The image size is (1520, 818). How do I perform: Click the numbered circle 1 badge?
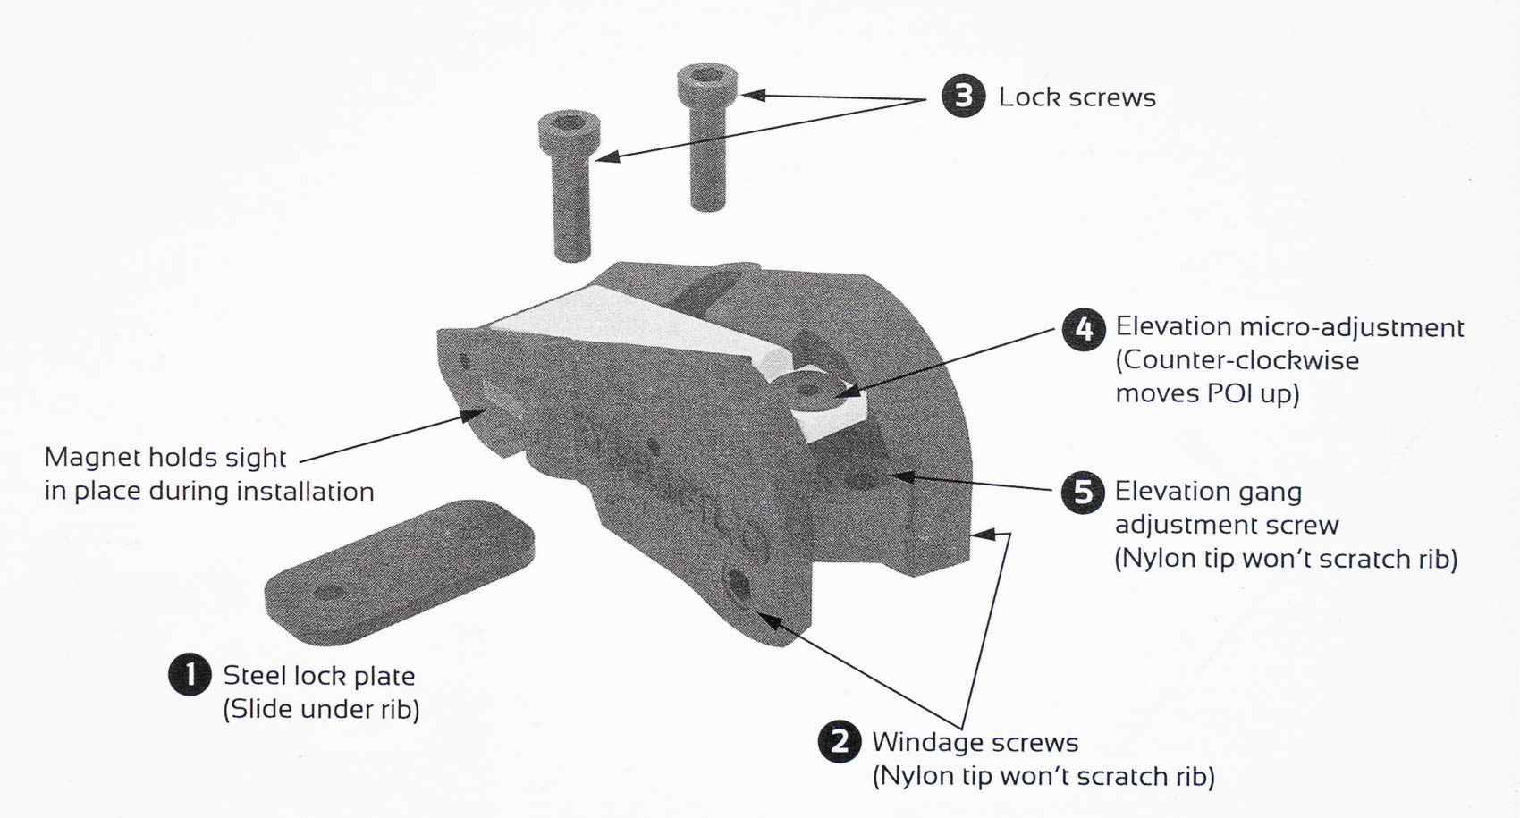190,674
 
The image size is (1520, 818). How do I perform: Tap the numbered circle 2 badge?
840,741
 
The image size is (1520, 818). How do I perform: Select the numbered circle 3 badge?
964,96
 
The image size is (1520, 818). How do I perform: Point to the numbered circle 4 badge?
1084,329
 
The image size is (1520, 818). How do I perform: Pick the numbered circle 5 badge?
1083,492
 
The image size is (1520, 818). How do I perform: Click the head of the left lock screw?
569,131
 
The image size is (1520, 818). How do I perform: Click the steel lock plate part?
399,572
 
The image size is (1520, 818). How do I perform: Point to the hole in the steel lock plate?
328,592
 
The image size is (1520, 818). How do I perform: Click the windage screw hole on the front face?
739,586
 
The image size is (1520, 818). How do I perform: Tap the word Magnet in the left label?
92,458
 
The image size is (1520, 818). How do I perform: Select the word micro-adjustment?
1352,328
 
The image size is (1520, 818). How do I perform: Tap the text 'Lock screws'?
1077,97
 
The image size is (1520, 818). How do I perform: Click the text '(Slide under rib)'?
321,710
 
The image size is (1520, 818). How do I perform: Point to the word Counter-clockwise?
1237,361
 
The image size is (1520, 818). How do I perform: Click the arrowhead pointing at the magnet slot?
472,413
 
